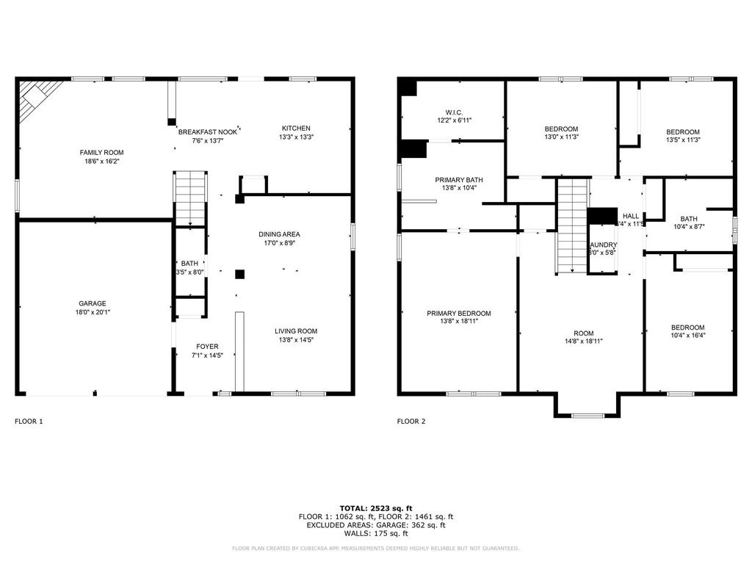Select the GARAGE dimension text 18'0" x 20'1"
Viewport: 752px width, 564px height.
pos(93,312)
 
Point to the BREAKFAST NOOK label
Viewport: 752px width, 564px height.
pos(208,131)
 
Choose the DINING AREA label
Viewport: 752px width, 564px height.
pos(279,234)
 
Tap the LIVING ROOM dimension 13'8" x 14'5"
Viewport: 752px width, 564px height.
pos(296,340)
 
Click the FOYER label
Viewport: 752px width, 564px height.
pos(207,347)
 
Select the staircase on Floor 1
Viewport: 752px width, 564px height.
pos(190,198)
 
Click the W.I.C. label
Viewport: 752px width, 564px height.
pos(454,111)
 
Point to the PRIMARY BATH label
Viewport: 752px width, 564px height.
pos(459,180)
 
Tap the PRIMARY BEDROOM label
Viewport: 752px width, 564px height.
pos(459,314)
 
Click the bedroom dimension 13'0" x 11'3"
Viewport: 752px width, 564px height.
pos(561,137)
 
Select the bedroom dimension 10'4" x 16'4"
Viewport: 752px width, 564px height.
pos(687,336)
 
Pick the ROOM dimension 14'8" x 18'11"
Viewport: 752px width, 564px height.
pos(583,341)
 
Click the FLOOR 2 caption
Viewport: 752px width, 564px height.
pos(411,422)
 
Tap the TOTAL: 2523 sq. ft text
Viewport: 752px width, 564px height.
pos(376,508)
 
